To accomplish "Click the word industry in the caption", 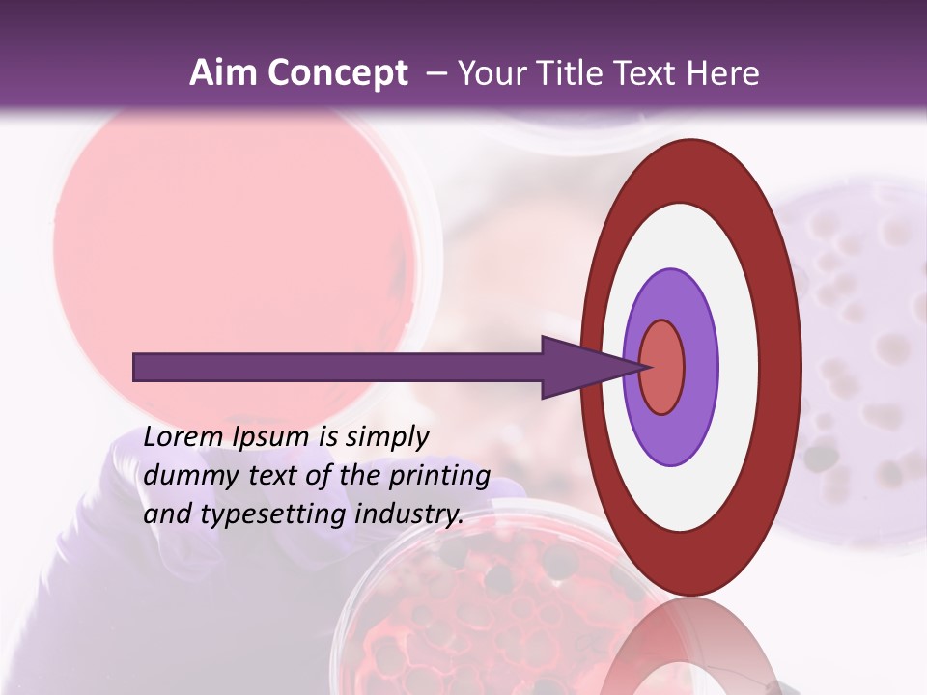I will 409,514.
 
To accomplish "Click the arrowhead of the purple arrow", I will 589,367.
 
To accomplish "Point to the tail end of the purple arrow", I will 140,367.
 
